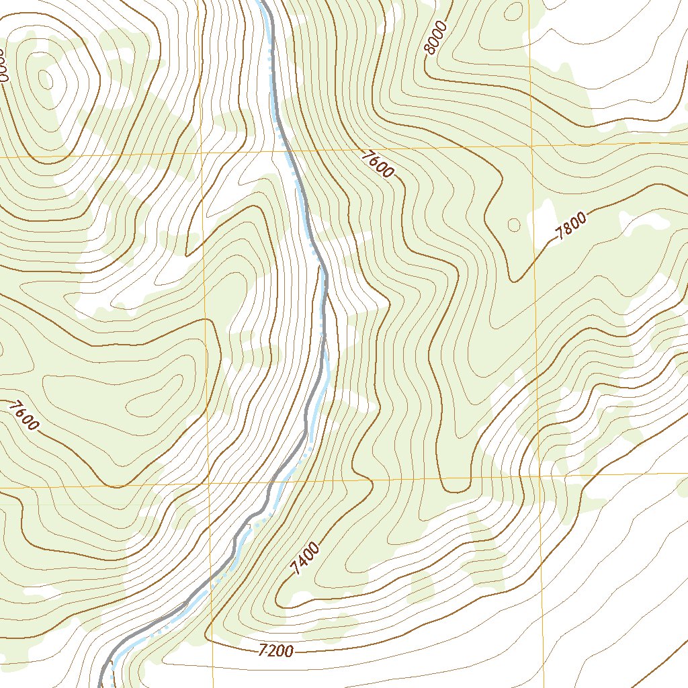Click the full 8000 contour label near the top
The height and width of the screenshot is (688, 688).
(436, 37)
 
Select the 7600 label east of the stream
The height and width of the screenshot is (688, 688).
(377, 164)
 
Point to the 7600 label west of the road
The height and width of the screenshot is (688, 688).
(25, 415)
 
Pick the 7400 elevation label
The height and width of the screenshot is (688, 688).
(306, 559)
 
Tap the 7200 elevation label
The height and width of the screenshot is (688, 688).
(275, 650)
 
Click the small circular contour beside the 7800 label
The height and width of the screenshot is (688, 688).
(515, 224)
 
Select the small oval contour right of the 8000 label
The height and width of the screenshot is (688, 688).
(514, 10)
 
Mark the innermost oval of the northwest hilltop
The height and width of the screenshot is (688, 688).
(46, 79)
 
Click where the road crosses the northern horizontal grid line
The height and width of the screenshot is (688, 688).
(288, 151)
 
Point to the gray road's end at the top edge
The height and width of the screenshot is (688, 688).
(263, 3)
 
